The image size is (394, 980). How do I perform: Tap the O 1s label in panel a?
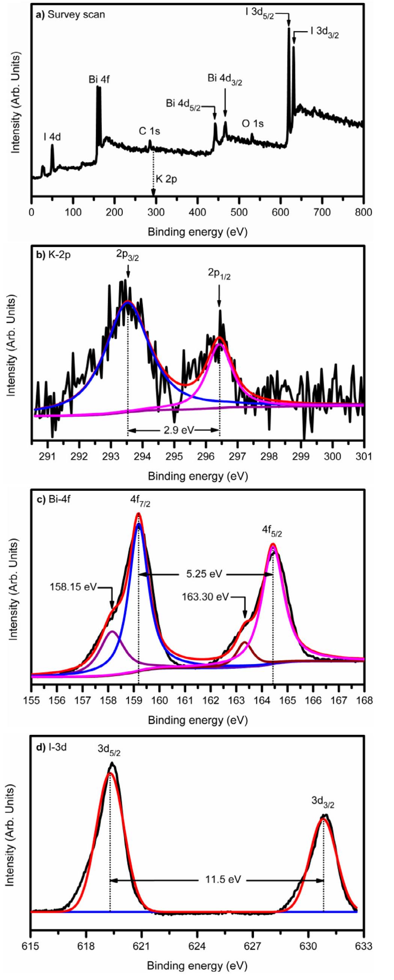coord(253,124)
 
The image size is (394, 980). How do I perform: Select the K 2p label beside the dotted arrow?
coord(166,179)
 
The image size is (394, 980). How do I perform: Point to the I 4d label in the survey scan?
coord(52,137)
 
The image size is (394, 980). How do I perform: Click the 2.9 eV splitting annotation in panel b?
coord(174,430)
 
